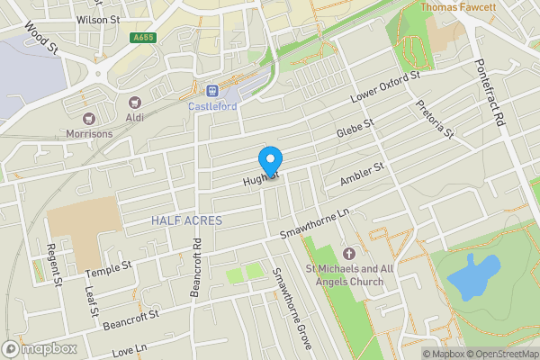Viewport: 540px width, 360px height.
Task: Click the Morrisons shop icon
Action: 88,118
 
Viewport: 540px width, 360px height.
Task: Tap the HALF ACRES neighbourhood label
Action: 186,220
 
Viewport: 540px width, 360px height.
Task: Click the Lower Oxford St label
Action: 386,88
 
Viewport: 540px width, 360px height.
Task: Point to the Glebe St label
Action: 355,129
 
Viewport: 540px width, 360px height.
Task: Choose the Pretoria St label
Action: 435,120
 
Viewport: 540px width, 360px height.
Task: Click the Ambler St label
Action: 362,175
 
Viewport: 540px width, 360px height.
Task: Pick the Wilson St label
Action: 98,18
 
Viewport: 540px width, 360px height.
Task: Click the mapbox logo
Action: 38,348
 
